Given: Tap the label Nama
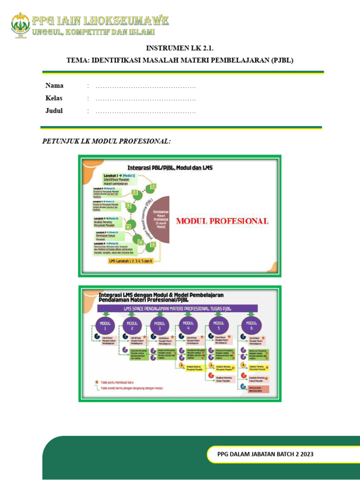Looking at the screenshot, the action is coord(54,86).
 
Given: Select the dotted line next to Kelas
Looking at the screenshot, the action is coord(145,99).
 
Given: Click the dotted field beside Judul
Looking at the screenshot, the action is coord(145,112).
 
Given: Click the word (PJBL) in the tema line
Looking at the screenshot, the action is coord(279,60).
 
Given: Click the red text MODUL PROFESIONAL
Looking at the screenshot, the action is coord(222,221).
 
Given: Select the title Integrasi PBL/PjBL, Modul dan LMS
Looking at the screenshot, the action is coord(170,167).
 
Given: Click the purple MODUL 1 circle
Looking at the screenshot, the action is coord(105,325).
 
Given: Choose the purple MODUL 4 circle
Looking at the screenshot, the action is coord(188,325).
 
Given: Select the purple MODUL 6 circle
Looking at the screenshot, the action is coord(252,325).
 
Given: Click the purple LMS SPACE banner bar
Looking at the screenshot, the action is coord(178,307).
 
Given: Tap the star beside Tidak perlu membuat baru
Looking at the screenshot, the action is coord(97,382).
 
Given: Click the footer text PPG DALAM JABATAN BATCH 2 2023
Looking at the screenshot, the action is coord(265,454).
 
